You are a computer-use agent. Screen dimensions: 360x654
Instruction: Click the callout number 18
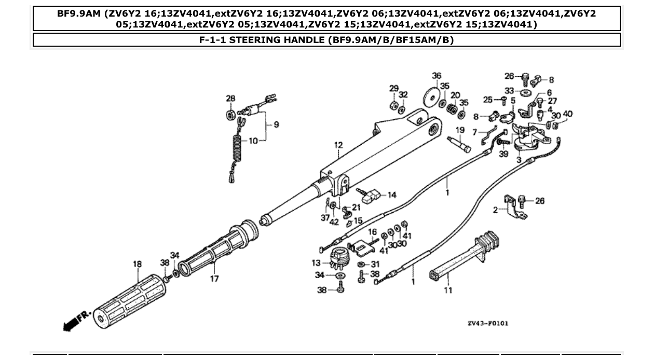tap(137, 264)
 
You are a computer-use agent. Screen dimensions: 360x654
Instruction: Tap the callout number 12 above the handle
tap(338, 146)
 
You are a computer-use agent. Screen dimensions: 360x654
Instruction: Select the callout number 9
tap(276, 124)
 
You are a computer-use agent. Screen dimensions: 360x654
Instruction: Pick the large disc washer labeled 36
tap(430, 97)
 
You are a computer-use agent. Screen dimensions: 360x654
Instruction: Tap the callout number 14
tap(392, 195)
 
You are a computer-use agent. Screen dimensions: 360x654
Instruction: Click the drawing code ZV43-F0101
tap(487, 323)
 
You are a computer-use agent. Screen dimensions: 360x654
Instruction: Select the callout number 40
tap(568, 114)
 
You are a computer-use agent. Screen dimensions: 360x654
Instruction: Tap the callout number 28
tap(230, 98)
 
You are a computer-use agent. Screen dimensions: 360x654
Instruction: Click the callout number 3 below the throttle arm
tap(519, 160)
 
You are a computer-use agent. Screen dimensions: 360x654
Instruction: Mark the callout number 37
tap(325, 218)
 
